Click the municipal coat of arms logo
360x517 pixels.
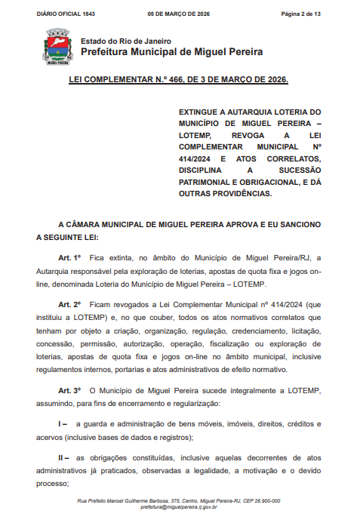pyautogui.click(x=57, y=48)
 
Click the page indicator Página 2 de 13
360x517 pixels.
pyautogui.click(x=301, y=14)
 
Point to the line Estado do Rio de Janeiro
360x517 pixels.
pyautogui.click(x=125, y=41)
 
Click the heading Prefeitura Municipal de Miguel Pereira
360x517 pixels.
pyautogui.click(x=171, y=52)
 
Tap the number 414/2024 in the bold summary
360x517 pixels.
pyautogui.click(x=193, y=159)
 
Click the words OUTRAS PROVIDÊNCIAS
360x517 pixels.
pyautogui.click(x=223, y=194)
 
